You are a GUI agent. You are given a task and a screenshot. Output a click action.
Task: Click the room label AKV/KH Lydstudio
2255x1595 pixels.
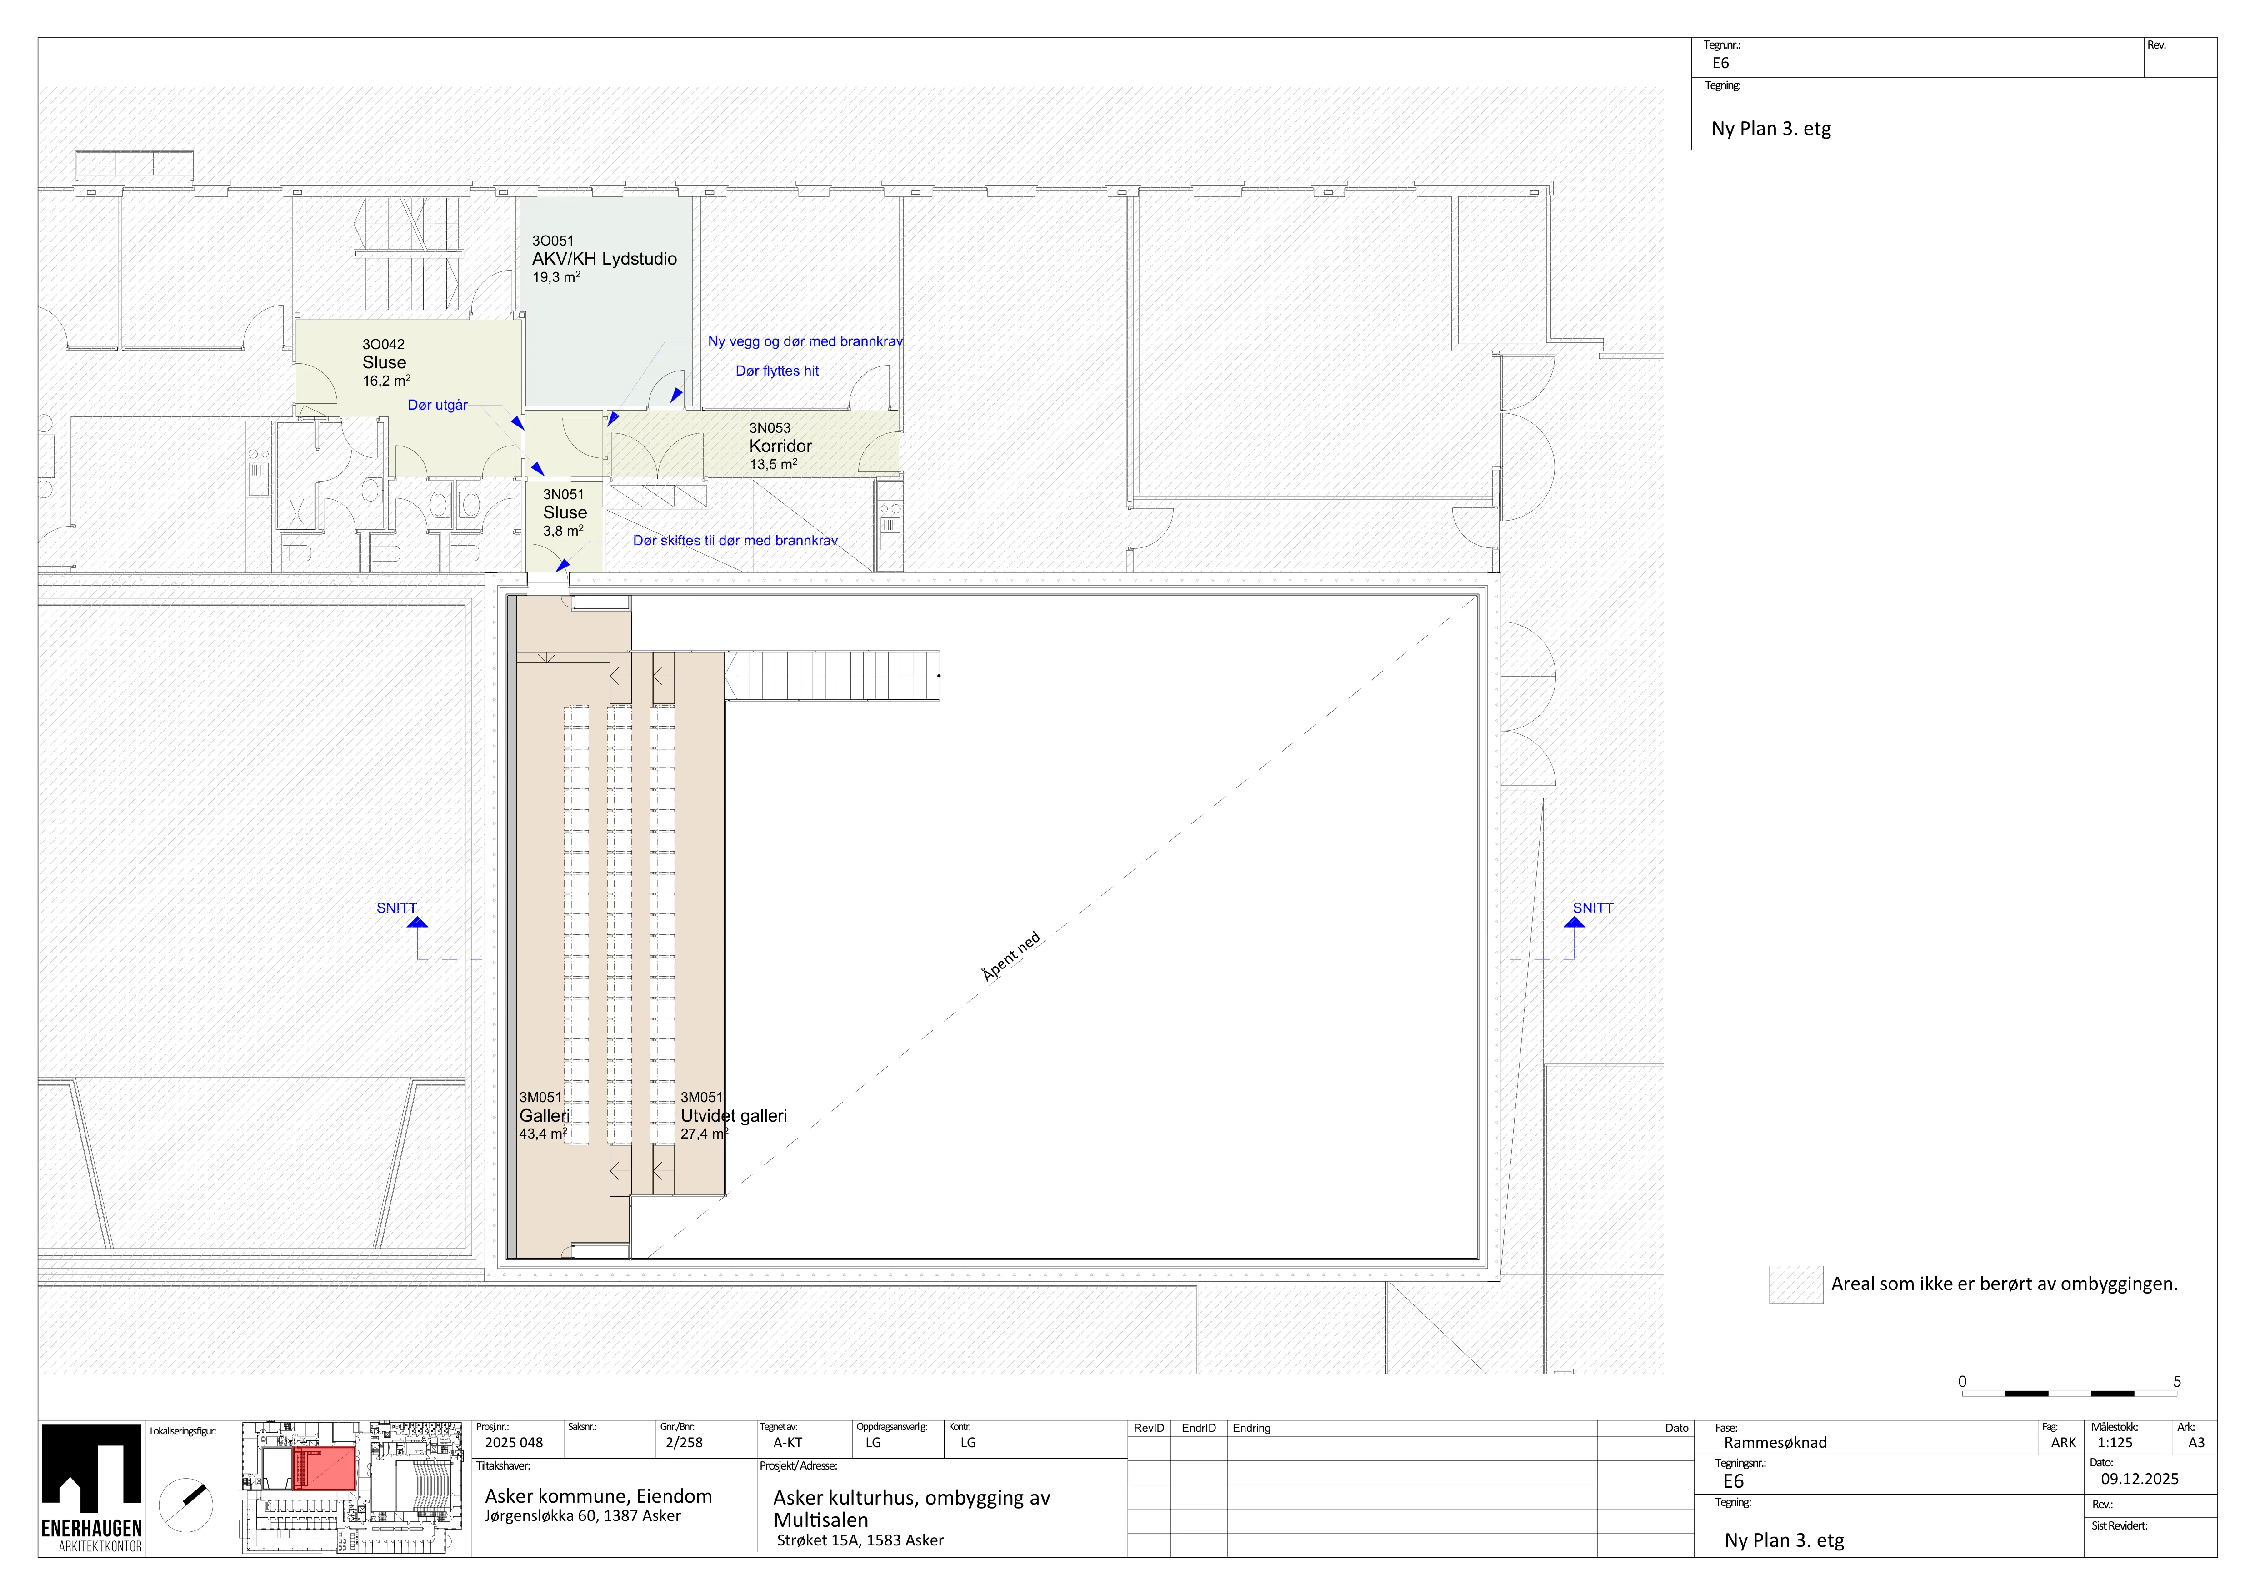coord(604,258)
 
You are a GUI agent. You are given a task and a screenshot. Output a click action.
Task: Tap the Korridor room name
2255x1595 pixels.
coord(781,446)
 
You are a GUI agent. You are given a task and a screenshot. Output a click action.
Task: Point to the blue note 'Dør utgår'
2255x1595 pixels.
coord(438,405)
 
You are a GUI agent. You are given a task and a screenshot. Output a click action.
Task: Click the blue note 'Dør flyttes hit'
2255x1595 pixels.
coord(777,370)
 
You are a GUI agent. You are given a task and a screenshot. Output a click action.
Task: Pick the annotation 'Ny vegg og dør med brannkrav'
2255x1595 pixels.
coord(805,341)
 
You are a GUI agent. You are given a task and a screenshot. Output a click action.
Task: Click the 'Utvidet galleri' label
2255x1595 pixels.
coord(734,1116)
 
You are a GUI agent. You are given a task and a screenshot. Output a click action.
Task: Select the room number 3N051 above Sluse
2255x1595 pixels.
coord(564,494)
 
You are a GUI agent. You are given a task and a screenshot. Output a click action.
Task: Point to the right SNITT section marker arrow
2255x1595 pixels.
coord(1575,922)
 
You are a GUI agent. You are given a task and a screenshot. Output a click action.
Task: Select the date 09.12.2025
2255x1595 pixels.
coord(2140,1478)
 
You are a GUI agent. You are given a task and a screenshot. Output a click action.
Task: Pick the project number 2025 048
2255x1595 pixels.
coord(514,1443)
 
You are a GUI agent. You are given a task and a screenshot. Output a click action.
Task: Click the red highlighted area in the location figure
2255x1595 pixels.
coord(324,1467)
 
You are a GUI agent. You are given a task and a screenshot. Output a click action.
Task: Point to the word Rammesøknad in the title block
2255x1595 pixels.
coord(1776,1443)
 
